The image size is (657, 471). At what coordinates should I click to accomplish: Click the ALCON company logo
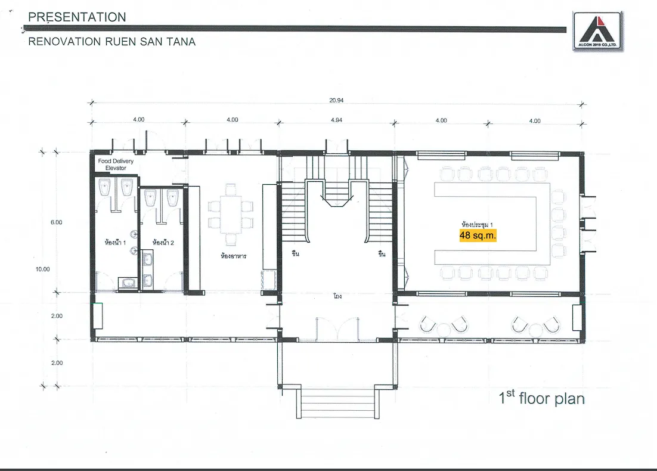[597, 32]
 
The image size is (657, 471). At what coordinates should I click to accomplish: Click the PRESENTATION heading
[77, 17]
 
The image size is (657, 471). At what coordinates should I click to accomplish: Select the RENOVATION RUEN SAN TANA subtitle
[112, 42]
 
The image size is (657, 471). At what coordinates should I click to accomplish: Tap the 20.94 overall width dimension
[336, 100]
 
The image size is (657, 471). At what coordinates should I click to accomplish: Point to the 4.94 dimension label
[336, 120]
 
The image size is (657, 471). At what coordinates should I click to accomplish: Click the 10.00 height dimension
[43, 269]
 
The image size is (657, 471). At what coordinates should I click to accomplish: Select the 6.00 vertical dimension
[56, 222]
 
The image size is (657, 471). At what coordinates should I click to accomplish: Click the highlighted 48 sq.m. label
[478, 235]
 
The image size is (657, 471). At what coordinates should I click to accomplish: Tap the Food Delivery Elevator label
[116, 165]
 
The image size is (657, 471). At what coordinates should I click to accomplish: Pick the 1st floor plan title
[541, 398]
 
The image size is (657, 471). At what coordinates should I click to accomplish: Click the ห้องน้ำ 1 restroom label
[115, 242]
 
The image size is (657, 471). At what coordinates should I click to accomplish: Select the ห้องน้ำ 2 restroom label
[163, 242]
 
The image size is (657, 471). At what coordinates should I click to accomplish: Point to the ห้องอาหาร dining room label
[233, 256]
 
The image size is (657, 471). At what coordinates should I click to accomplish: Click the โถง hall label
[337, 296]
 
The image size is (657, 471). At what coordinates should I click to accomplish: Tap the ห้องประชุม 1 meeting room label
[477, 225]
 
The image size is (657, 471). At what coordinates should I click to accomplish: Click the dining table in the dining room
[231, 215]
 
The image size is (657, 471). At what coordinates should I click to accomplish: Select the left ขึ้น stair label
[295, 253]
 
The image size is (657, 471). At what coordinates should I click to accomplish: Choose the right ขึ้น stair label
[382, 253]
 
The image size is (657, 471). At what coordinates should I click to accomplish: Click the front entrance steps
[337, 402]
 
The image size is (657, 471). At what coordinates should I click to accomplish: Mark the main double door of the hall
[337, 329]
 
